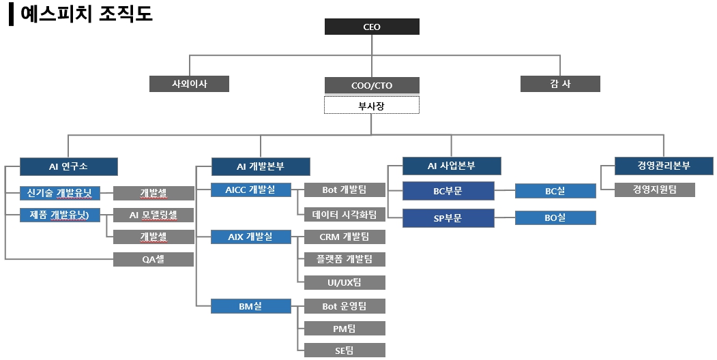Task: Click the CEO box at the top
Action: tap(372, 27)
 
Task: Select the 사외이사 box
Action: tap(189, 84)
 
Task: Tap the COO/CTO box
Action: tap(372, 85)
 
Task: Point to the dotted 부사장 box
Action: tap(372, 105)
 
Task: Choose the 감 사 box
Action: tap(560, 84)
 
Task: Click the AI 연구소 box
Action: tap(68, 166)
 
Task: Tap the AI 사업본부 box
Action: tap(451, 166)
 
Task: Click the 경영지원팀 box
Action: tap(654, 190)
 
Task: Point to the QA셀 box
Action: tap(153, 259)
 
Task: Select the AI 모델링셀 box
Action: tap(153, 215)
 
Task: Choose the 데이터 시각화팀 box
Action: tap(345, 214)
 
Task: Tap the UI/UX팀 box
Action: tap(345, 282)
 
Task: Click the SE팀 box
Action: tap(345, 350)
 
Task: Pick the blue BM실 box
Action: tap(250, 306)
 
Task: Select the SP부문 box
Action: tap(448, 218)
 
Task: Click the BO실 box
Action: tap(555, 218)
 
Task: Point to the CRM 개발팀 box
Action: tap(345, 237)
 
